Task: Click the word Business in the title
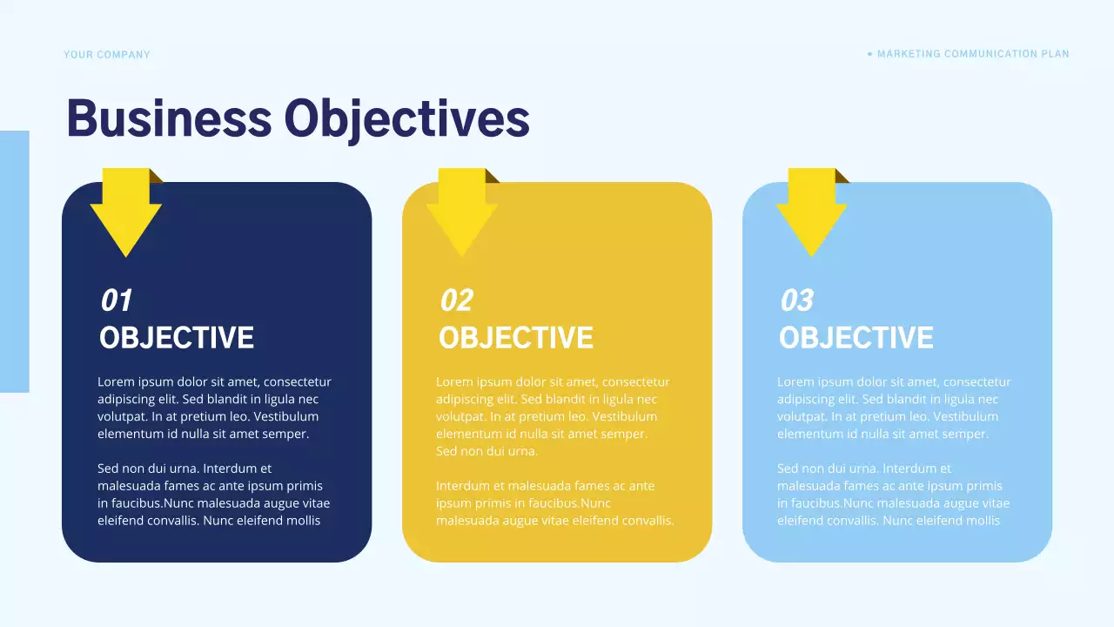169,118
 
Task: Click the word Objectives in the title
406,120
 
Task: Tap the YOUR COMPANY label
107,55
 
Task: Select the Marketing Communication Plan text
973,54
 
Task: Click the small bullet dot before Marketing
869,54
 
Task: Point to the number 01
116,300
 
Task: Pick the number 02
456,300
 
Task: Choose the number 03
796,300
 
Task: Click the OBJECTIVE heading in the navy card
177,338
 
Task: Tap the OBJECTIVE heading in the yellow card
516,338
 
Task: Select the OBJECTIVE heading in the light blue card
856,338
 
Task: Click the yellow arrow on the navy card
126,213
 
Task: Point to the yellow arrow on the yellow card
462,213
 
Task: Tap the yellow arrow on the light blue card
812,213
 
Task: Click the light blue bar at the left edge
15,261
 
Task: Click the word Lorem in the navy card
115,382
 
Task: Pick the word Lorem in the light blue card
795,382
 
